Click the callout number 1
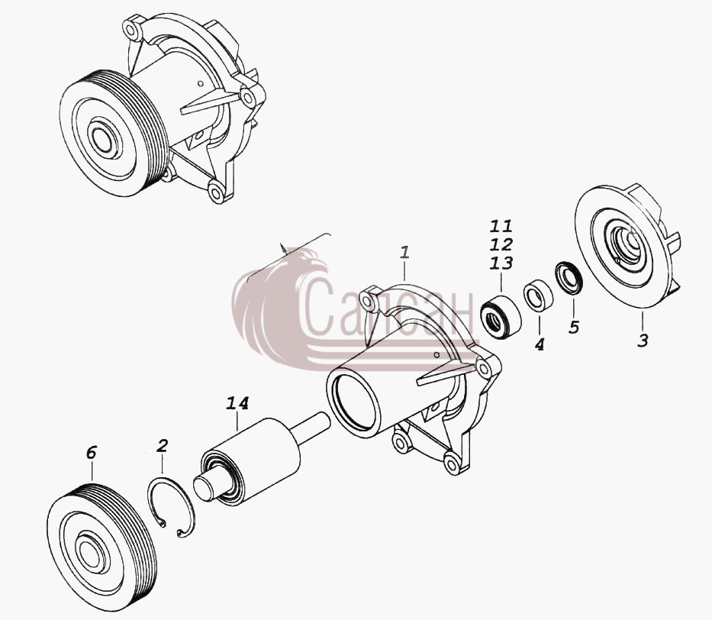click(x=404, y=253)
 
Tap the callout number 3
click(x=643, y=341)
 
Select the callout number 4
click(x=539, y=345)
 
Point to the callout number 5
click(x=574, y=327)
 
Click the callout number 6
click(x=92, y=452)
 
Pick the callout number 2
click(x=162, y=446)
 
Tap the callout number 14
click(x=237, y=403)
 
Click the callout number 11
click(x=501, y=226)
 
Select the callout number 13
click(x=501, y=263)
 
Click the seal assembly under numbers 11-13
click(x=501, y=317)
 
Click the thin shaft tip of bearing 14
click(x=314, y=426)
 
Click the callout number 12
click(x=501, y=244)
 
